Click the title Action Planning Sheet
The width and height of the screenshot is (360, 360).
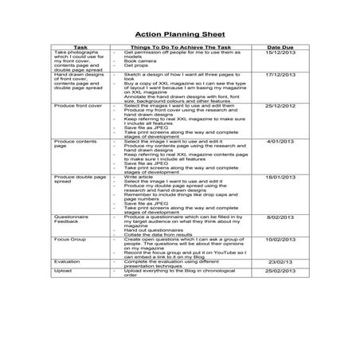click(180, 35)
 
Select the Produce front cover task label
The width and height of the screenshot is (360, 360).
click(76, 128)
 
